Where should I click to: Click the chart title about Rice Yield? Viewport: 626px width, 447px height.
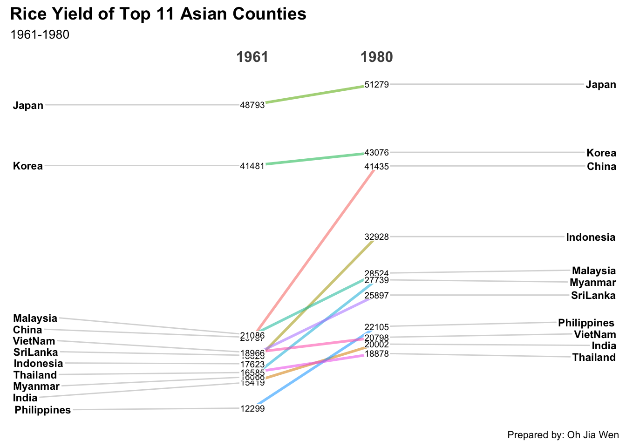tap(158, 14)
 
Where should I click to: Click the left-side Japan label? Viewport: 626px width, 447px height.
tap(28, 105)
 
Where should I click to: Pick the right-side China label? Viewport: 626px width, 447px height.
tap(601, 167)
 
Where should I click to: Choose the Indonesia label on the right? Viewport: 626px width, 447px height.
tap(591, 237)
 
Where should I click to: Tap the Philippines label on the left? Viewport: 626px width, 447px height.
tap(42, 410)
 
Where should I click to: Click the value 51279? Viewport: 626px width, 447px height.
tap(376, 85)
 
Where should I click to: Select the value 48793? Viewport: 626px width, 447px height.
tap(252, 105)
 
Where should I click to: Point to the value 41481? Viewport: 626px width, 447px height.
tap(252, 166)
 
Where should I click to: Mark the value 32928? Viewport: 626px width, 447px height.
tap(376, 237)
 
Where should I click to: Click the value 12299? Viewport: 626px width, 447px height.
tap(252, 409)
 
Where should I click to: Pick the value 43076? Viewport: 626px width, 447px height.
tap(376, 152)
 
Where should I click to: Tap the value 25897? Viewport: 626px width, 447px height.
tap(376, 295)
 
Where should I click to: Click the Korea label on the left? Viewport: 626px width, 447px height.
tap(28, 166)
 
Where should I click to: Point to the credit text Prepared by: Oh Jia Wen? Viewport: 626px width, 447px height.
tap(563, 435)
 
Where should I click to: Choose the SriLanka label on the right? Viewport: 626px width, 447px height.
tap(593, 296)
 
